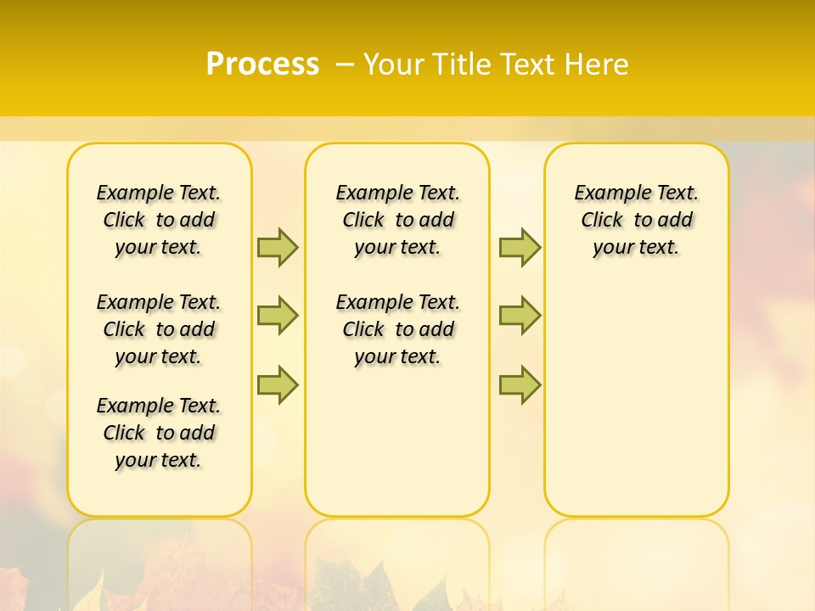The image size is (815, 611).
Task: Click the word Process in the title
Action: pyautogui.click(x=262, y=64)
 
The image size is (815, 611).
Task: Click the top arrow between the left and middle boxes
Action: pyautogui.click(x=278, y=247)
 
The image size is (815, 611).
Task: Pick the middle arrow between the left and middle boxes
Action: pyautogui.click(x=278, y=316)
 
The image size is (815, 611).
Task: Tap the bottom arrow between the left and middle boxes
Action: pyautogui.click(x=278, y=385)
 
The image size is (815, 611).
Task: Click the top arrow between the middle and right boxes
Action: pyautogui.click(x=520, y=247)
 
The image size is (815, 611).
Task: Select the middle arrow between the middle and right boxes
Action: pyautogui.click(x=520, y=316)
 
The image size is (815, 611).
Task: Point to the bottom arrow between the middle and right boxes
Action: pyautogui.click(x=520, y=385)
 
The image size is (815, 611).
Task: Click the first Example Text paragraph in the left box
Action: pyautogui.click(x=159, y=220)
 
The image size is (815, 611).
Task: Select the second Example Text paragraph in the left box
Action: pyautogui.click(x=159, y=329)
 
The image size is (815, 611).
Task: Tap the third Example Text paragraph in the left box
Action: pyautogui.click(x=159, y=433)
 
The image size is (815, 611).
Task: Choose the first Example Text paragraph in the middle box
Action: pyautogui.click(x=397, y=220)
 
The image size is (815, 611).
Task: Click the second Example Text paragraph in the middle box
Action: pyautogui.click(x=397, y=329)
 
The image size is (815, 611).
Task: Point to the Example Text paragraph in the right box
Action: pyautogui.click(x=637, y=220)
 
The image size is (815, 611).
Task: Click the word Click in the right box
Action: pyautogui.click(x=602, y=221)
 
